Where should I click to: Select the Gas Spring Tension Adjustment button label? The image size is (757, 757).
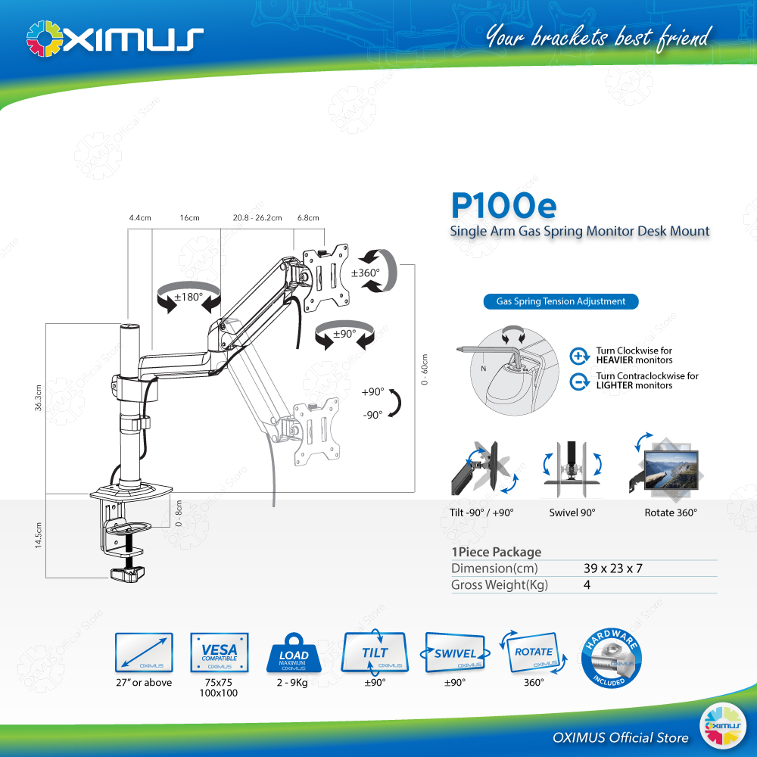(x=561, y=301)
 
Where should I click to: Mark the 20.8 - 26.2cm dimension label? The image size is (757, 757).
(x=257, y=218)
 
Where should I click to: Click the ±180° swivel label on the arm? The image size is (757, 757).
(x=188, y=297)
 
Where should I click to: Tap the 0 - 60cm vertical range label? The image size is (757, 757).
(x=425, y=372)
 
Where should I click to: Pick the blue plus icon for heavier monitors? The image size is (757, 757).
(x=580, y=356)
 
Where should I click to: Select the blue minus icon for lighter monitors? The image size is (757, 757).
(x=580, y=382)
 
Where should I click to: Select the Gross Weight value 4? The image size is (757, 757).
(x=587, y=585)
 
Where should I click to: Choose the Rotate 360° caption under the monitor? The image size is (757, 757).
(x=671, y=512)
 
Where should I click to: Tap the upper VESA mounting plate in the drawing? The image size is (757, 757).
(x=326, y=278)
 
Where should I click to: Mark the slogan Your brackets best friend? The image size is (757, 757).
(x=598, y=36)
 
